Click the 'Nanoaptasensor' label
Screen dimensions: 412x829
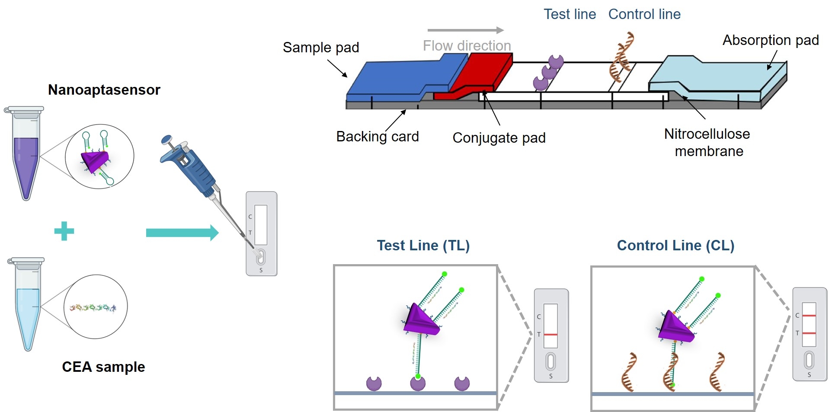click(104, 90)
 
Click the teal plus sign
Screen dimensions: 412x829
click(64, 231)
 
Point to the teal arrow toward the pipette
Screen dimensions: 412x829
click(182, 233)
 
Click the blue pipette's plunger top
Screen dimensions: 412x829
click(166, 140)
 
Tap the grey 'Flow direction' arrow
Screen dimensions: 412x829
click(465, 30)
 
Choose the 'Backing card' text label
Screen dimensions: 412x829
click(377, 137)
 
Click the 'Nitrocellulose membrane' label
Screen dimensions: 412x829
click(707, 143)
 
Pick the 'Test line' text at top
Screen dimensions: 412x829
click(570, 14)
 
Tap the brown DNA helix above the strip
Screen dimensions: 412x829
click(621, 56)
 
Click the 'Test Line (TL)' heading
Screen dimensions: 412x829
click(423, 246)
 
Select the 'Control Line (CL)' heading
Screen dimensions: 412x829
click(675, 246)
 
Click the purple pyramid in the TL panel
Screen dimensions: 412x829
click(419, 320)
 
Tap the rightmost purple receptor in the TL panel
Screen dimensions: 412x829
click(462, 383)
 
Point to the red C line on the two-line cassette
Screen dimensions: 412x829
click(809, 316)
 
